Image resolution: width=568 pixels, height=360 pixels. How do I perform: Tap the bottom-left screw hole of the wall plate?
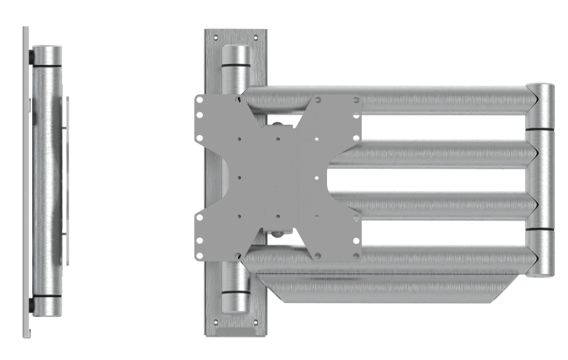click(x=216, y=321)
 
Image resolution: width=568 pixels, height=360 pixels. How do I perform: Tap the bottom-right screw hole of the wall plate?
click(x=257, y=321)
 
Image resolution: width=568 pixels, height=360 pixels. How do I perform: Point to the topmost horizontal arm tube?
click(x=438, y=99)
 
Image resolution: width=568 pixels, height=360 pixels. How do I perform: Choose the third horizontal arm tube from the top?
click(x=438, y=205)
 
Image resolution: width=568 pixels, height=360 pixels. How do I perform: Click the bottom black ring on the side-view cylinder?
click(x=48, y=300)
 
